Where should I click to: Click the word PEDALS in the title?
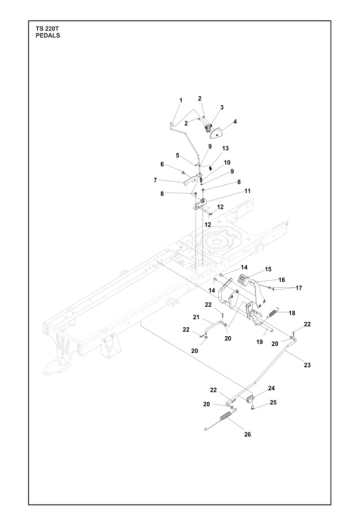pyautogui.click(x=47, y=35)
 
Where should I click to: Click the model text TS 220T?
pyautogui.click(x=47, y=29)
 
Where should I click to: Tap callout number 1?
pyautogui.click(x=181, y=100)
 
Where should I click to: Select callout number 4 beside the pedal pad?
pyautogui.click(x=235, y=121)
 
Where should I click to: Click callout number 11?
pyautogui.click(x=247, y=192)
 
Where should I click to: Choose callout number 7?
pyautogui.click(x=155, y=180)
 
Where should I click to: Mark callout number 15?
pyautogui.click(x=268, y=269)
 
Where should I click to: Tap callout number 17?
pyautogui.click(x=299, y=288)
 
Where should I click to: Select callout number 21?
pyautogui.click(x=197, y=318)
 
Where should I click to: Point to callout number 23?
pyautogui.click(x=307, y=365)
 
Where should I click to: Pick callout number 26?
pyautogui.click(x=247, y=434)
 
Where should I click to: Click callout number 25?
pyautogui.click(x=273, y=402)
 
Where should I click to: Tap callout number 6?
pyautogui.click(x=162, y=165)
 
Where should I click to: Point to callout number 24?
pyautogui.click(x=272, y=388)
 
